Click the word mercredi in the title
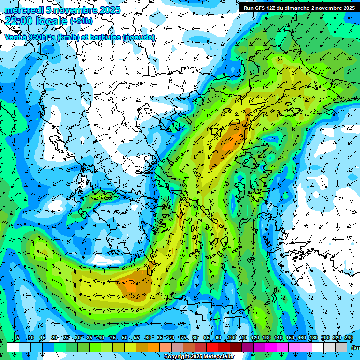click(x=23, y=10)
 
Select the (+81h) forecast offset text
click(x=81, y=21)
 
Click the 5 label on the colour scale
click(x=18, y=338)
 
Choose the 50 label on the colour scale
click(x=125, y=338)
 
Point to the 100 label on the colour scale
click(x=232, y=338)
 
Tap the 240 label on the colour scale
click(x=349, y=338)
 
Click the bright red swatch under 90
click(x=212, y=347)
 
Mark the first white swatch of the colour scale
click(x=13, y=347)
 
